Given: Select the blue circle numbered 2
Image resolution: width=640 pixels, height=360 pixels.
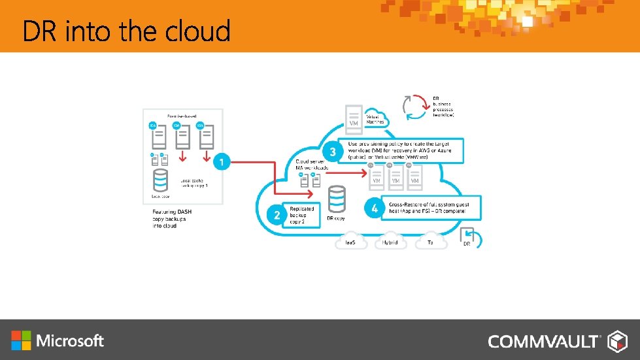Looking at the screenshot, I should click(x=277, y=214).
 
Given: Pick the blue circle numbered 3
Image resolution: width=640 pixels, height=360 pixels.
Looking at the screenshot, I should click(x=333, y=152).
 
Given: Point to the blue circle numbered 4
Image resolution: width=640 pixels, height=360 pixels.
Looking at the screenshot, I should click(x=374, y=209).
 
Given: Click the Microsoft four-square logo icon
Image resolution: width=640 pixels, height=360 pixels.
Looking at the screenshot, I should click(x=21, y=340).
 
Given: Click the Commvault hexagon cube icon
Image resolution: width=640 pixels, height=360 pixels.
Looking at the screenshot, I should click(x=618, y=341).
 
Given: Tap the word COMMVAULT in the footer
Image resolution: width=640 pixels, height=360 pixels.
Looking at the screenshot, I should click(x=543, y=341).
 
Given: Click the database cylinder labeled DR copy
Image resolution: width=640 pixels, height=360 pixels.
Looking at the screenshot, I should click(x=337, y=199).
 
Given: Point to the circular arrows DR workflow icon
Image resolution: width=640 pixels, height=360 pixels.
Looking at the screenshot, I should click(x=416, y=107).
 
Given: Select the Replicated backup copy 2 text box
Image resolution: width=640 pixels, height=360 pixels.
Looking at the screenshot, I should click(x=304, y=214).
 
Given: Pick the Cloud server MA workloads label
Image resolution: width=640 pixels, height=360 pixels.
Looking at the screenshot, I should click(x=311, y=165).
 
